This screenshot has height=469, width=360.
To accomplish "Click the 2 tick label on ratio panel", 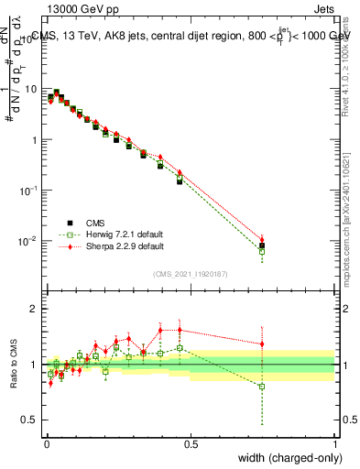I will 34,309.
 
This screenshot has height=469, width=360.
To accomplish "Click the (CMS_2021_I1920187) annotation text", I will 191,274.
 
